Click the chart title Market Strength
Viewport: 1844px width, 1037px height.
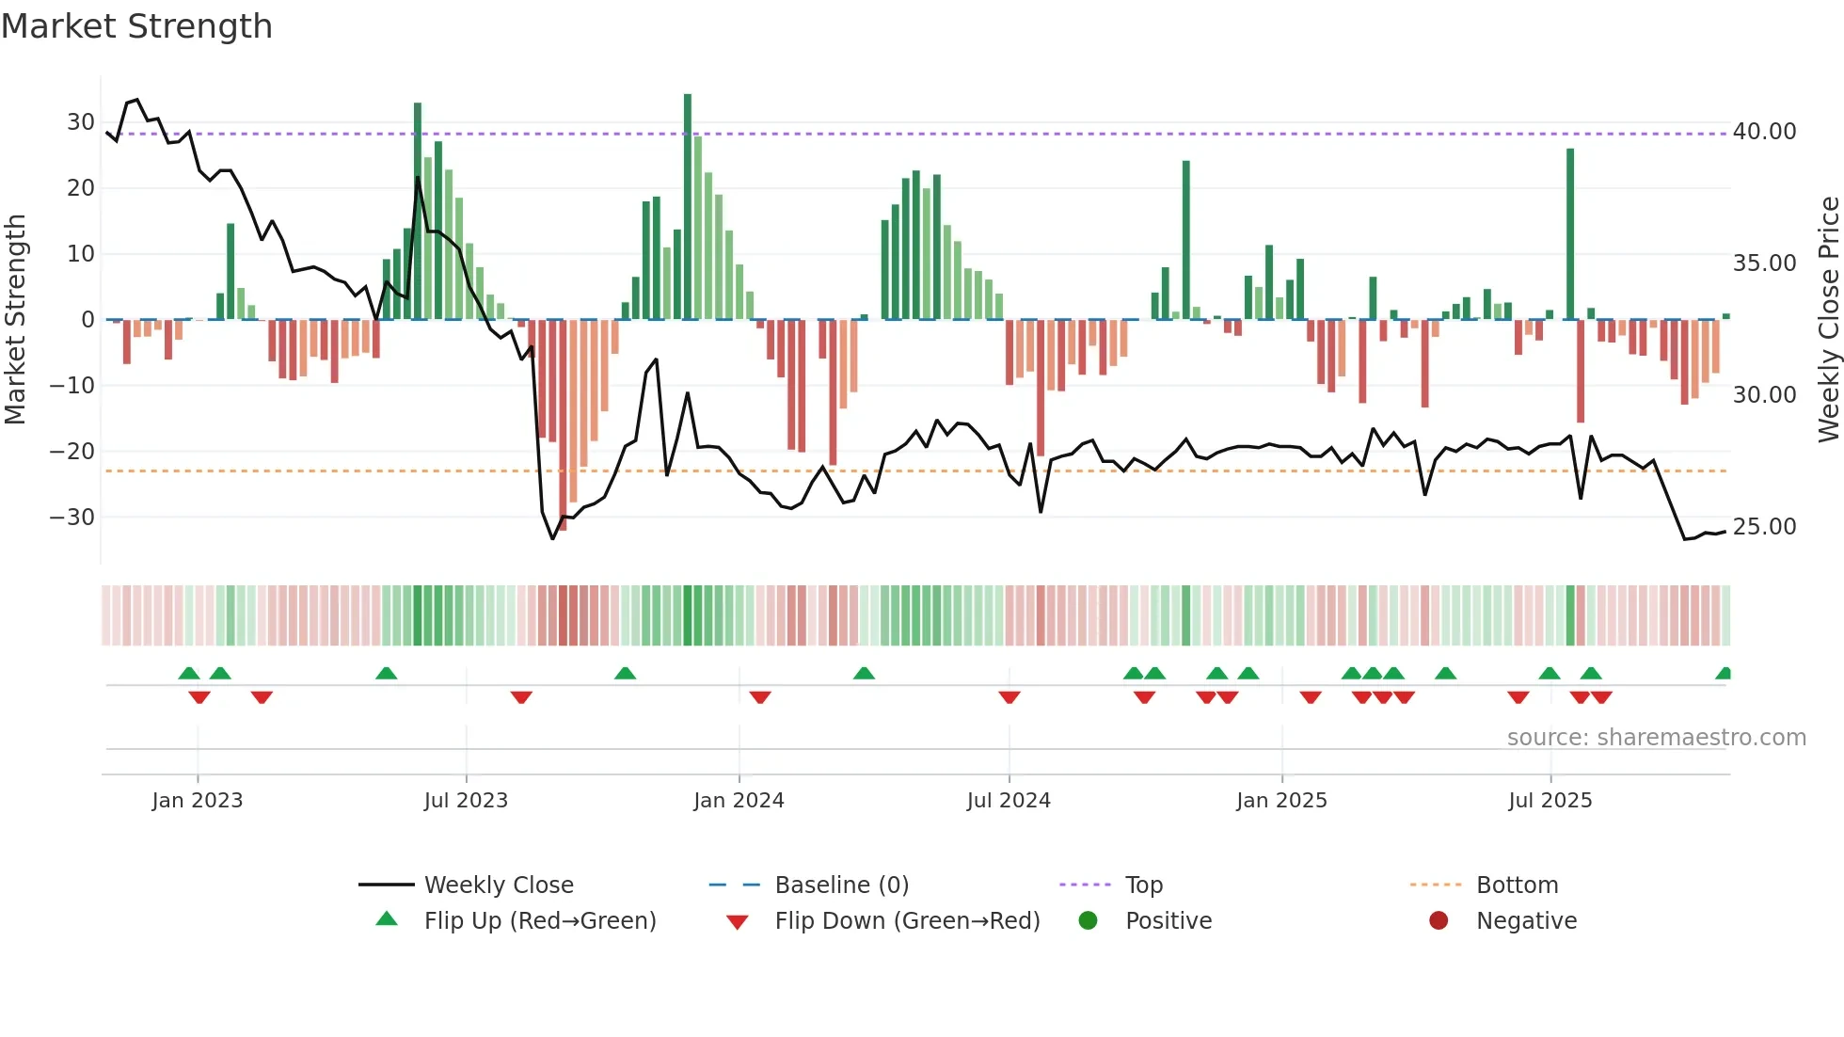coord(136,26)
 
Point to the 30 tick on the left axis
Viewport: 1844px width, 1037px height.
coord(81,122)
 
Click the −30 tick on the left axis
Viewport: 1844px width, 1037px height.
coord(72,518)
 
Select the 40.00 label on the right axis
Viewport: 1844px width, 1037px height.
coord(1764,132)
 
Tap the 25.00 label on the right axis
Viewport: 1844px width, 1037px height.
coord(1764,527)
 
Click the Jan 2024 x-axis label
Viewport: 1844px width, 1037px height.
coord(739,801)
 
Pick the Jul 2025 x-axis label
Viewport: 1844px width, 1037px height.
coord(1550,801)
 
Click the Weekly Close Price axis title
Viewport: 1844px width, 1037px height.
coord(1828,320)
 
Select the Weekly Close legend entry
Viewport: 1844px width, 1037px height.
coord(498,885)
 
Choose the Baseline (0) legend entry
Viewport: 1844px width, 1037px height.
coord(841,885)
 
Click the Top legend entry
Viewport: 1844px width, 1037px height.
coord(1143,885)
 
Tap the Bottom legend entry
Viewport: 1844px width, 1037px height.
coord(1517,885)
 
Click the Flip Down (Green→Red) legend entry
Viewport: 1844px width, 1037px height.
coord(906,921)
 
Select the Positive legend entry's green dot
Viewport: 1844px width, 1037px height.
coord(1088,920)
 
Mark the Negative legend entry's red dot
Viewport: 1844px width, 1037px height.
coord(1439,920)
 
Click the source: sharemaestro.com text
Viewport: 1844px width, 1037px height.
coord(1656,738)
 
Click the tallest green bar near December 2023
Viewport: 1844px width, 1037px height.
coord(688,207)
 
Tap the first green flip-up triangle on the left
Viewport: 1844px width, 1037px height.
coord(189,674)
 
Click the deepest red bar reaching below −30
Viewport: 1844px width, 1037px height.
coord(563,423)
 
